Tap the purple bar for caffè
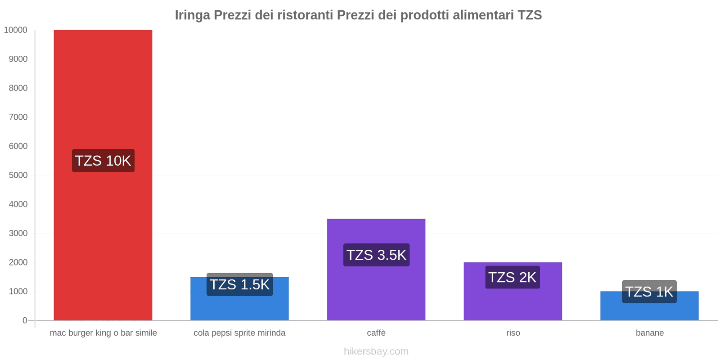click(376, 288)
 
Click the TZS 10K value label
click(103, 161)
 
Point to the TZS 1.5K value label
click(239, 284)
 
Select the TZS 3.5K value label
click(376, 255)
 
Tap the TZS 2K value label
click(513, 277)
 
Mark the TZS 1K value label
click(649, 292)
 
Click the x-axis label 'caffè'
click(376, 333)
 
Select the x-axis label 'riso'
click(513, 333)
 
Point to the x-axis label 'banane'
click(649, 333)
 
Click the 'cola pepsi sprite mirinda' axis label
click(239, 333)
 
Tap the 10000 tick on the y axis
click(16, 30)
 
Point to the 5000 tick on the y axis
click(18, 175)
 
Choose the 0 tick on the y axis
click(25, 320)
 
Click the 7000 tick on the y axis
click(18, 117)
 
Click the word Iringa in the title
click(192, 15)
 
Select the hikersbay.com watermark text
click(376, 351)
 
